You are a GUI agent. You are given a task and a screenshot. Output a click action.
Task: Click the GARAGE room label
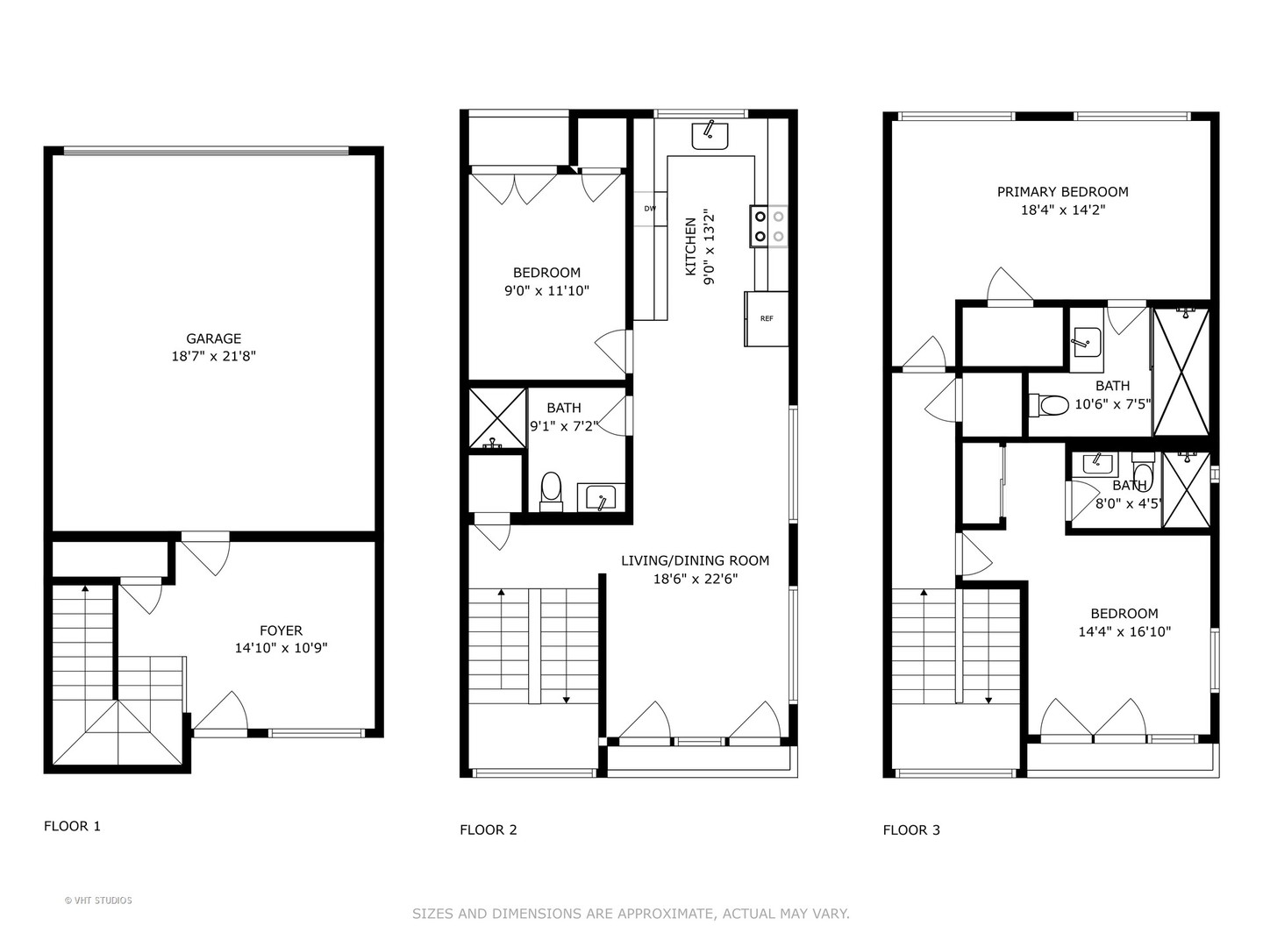coord(213,338)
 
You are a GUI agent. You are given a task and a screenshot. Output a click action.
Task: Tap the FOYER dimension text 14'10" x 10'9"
coord(281,648)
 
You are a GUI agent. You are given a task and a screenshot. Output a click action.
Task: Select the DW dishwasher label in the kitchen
coord(650,209)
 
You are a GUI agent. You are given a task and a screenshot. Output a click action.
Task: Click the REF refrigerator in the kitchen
coord(767,318)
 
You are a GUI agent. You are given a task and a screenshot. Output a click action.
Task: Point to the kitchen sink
coord(710,136)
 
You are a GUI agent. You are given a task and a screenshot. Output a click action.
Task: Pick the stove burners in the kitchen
coord(768,226)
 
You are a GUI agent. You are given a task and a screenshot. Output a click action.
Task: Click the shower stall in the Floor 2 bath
coord(497,418)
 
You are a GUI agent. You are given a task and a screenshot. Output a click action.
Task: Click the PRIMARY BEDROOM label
coord(1062,191)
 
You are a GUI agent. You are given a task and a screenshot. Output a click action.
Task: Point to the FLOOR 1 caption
coord(72,826)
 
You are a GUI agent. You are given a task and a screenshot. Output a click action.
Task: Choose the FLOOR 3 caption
coord(911,830)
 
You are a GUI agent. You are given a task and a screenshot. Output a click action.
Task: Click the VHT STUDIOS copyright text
coord(98,901)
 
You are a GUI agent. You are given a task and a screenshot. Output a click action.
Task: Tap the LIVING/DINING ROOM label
coord(695,560)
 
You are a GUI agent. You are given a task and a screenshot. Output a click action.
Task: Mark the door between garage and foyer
coord(205,552)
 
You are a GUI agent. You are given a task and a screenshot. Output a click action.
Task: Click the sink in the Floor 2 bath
coord(601,497)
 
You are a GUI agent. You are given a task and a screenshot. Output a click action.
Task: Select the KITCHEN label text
coord(691,246)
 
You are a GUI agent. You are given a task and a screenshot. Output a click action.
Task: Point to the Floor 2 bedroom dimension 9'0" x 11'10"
coord(546,291)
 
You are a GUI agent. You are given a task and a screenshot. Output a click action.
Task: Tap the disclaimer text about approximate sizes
coord(631,914)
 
